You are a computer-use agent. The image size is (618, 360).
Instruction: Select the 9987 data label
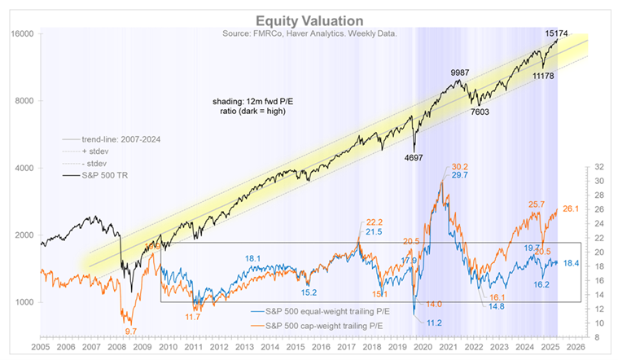(x=462, y=72)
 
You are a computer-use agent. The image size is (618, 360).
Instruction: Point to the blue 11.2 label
(x=435, y=323)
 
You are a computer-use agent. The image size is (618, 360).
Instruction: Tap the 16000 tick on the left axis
(x=21, y=34)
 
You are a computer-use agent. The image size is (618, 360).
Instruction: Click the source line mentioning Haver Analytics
(x=309, y=33)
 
